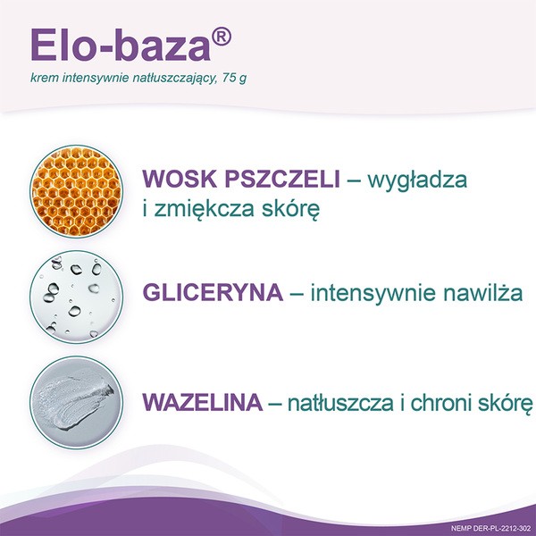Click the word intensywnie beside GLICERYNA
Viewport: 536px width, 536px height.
[x=367, y=293]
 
